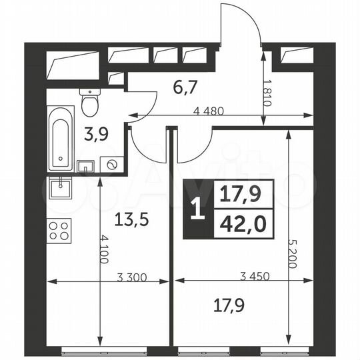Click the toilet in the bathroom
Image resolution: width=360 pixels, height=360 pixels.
[x=89, y=102]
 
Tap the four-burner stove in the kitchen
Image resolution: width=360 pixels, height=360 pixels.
[x=59, y=231]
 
